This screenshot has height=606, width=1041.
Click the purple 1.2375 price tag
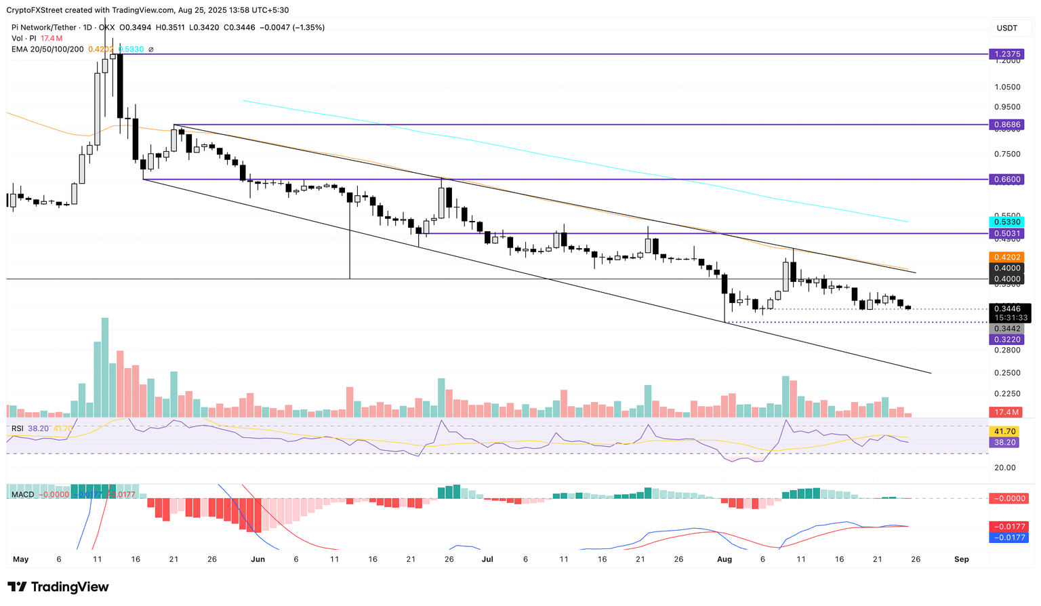pos(1006,54)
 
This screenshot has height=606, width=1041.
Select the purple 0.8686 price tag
pos(1006,125)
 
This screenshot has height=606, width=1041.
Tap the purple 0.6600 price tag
pos(1006,180)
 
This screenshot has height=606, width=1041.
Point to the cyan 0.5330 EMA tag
pos(1006,222)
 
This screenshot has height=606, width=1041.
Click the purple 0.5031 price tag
pos(1006,233)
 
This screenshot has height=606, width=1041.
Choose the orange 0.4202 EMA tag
pos(1006,257)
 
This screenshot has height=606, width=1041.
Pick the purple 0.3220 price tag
pos(1006,339)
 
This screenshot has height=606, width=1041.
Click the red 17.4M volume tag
pos(1006,412)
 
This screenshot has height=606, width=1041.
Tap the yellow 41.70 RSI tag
pos(1006,431)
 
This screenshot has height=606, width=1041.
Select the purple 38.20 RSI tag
pos(1006,442)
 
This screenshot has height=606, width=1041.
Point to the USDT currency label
pos(1006,28)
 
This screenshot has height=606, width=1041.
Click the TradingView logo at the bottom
pos(58,587)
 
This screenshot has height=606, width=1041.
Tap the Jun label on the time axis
pos(258,559)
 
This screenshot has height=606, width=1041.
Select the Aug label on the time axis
pos(724,559)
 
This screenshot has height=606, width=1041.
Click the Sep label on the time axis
pos(961,559)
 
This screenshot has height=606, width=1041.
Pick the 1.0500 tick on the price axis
pos(1006,87)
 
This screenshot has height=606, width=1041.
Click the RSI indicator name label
pos(18,428)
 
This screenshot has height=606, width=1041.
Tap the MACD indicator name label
pos(22,495)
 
